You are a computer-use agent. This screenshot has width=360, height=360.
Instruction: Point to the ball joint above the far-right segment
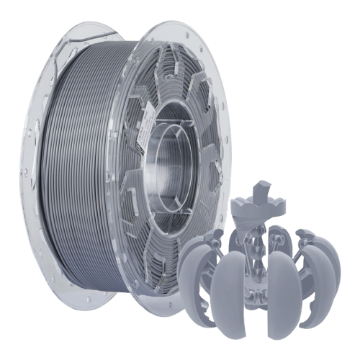click(306, 233)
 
